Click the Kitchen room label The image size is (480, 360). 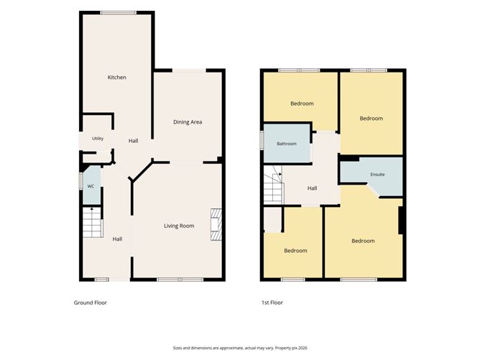tap(116, 77)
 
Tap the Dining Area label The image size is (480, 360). tap(188, 122)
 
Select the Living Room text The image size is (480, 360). tap(179, 226)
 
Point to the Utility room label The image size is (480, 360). tap(98, 139)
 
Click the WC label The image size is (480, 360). tap(91, 186)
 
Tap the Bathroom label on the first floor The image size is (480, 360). tap(287, 144)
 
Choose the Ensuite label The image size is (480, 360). tap(377, 175)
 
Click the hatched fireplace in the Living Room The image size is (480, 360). tap(216, 224)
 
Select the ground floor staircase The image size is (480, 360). tap(92, 222)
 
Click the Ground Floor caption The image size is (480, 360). tap(91, 303)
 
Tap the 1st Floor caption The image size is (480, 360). tap(272, 303)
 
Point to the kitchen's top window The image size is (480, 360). tap(119, 13)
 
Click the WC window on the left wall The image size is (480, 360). tap(80, 182)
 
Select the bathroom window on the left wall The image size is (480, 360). tap(262, 141)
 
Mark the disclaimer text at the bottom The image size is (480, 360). tap(240, 348)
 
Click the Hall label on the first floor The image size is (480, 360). tap(313, 188)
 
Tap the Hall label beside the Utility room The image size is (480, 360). tap(133, 141)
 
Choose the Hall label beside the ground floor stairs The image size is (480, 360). tap(117, 239)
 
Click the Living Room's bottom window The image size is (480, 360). tap(180, 280)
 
